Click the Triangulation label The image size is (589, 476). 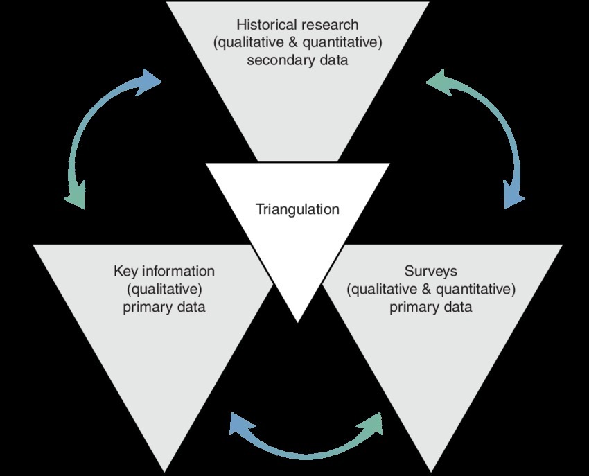click(x=298, y=209)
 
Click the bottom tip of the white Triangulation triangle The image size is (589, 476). click(x=297, y=319)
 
